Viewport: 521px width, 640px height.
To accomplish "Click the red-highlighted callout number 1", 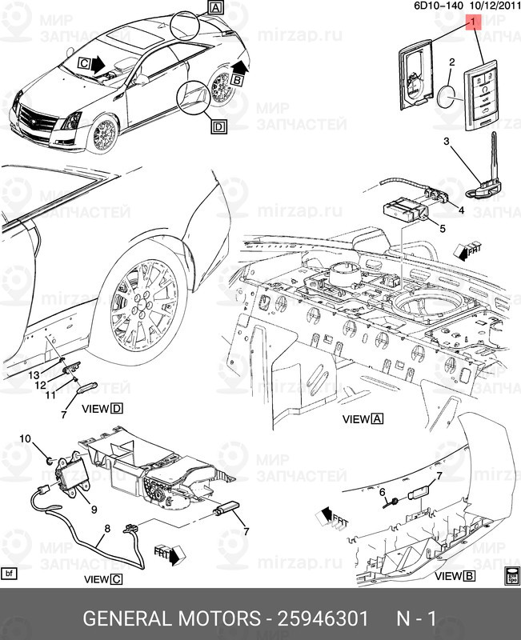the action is tap(473, 22).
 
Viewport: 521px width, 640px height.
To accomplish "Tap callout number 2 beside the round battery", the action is tap(452, 62).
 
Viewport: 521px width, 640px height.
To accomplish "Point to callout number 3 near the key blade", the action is tap(447, 142).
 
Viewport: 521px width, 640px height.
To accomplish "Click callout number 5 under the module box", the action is tap(443, 229).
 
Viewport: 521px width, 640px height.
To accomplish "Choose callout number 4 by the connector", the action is tap(461, 210).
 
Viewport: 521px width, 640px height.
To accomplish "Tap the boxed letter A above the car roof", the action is tap(215, 7).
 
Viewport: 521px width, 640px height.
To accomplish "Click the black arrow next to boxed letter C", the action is tap(97, 65).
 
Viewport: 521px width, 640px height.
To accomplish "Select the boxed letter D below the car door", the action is tap(218, 126).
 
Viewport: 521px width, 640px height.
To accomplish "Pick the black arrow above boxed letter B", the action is tap(240, 66).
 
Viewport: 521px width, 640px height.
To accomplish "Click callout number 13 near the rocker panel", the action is tap(34, 375).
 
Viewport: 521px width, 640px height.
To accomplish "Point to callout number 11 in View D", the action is tap(50, 395).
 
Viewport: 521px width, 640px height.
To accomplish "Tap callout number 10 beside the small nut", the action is tap(26, 438).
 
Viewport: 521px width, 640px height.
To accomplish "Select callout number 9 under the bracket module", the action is tap(94, 510).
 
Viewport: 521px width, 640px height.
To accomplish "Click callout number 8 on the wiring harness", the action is tap(107, 529).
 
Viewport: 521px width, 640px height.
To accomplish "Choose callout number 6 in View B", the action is tap(383, 493).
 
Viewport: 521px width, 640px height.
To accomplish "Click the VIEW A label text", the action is tap(363, 418).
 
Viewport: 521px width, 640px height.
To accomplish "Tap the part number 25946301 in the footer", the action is tap(323, 618).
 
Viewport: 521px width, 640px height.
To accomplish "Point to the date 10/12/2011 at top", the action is tap(495, 6).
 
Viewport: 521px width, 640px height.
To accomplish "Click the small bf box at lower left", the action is tap(9, 574).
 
